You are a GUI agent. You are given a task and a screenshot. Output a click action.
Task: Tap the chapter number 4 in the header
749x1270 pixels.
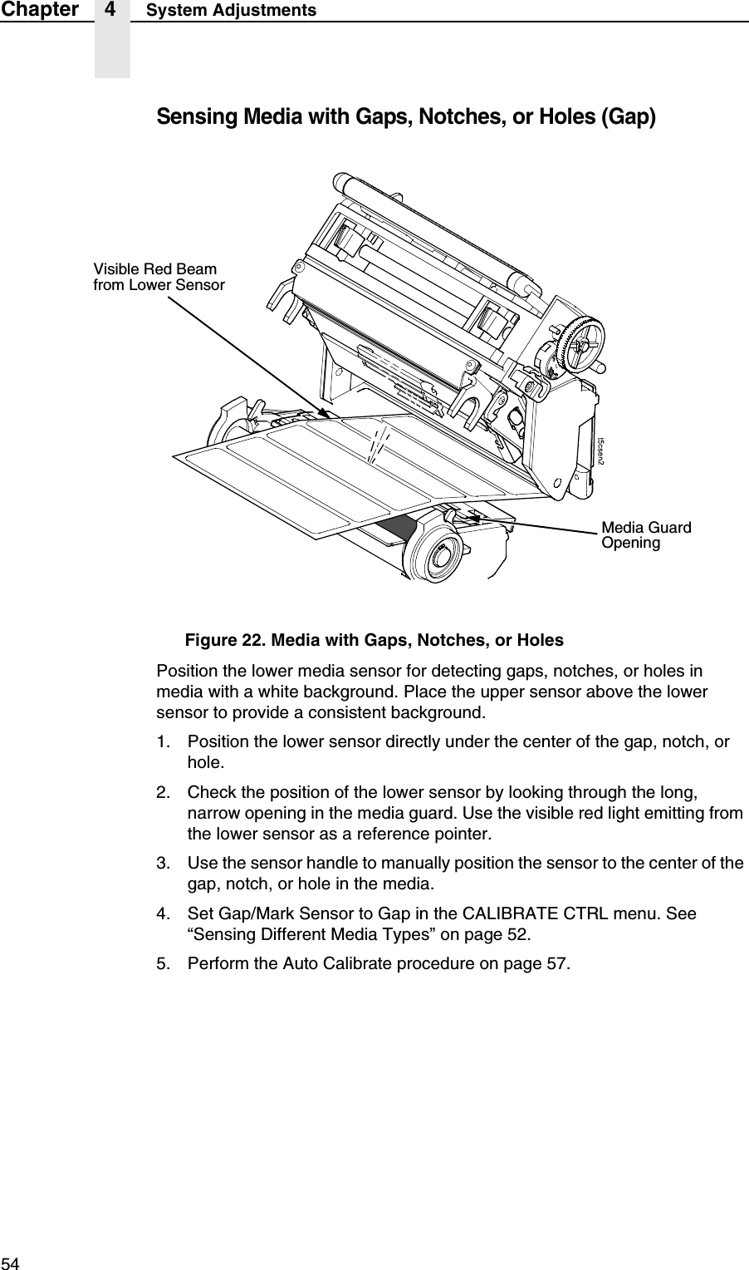pyautogui.click(x=112, y=11)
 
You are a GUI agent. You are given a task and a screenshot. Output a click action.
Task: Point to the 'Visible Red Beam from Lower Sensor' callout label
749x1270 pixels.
pyautogui.click(x=158, y=278)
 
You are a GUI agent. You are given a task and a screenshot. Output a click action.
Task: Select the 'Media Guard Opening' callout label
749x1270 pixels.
pyautogui.click(x=646, y=535)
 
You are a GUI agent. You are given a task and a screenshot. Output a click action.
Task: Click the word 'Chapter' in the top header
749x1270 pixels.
pyautogui.click(x=39, y=11)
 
